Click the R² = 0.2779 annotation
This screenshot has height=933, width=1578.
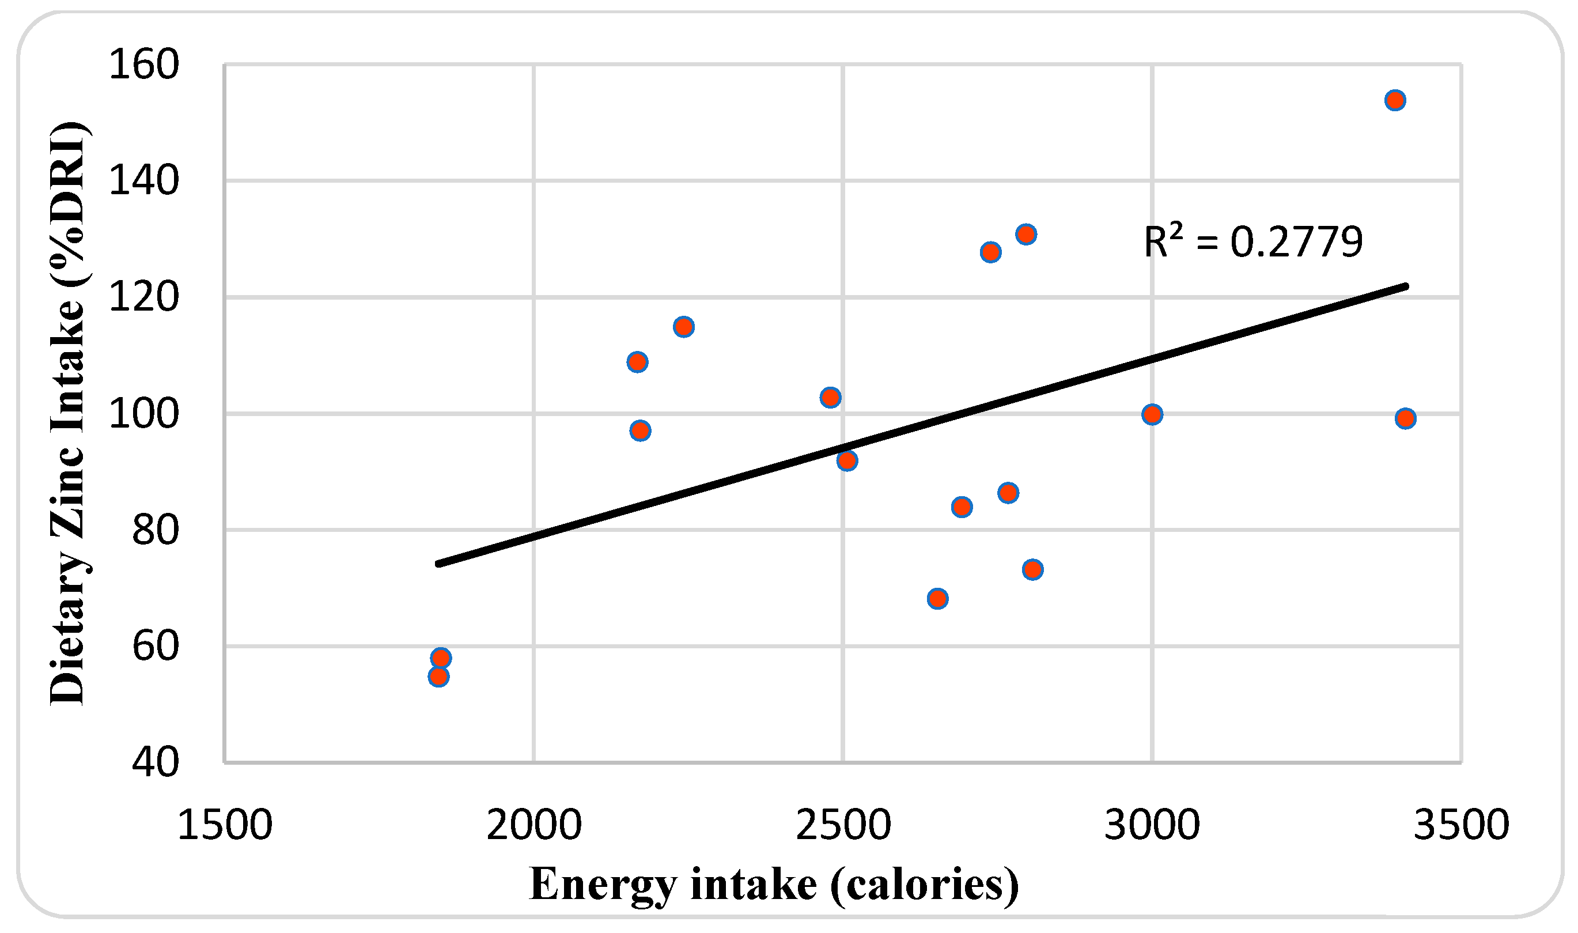pyautogui.click(x=1252, y=242)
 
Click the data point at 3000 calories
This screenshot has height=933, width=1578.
pyautogui.click(x=1152, y=415)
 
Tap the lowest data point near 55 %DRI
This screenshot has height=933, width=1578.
pyautogui.click(x=438, y=677)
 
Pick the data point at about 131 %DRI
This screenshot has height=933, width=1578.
pyautogui.click(x=1026, y=235)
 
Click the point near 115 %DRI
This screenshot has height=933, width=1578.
pyautogui.click(x=684, y=327)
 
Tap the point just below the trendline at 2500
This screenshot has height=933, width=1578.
pyautogui.click(x=847, y=461)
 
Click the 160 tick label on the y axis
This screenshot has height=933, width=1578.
pyautogui.click(x=144, y=64)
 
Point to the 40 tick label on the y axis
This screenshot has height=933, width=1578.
pyautogui.click(x=155, y=762)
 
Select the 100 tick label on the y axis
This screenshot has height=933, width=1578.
pyautogui.click(x=144, y=414)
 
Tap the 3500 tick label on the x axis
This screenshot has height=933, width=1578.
pyautogui.click(x=1461, y=825)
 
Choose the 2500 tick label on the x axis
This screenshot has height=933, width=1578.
pyautogui.click(x=843, y=825)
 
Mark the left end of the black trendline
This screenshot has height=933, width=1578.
pyautogui.click(x=438, y=564)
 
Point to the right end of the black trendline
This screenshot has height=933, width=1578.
pyautogui.click(x=1406, y=286)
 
